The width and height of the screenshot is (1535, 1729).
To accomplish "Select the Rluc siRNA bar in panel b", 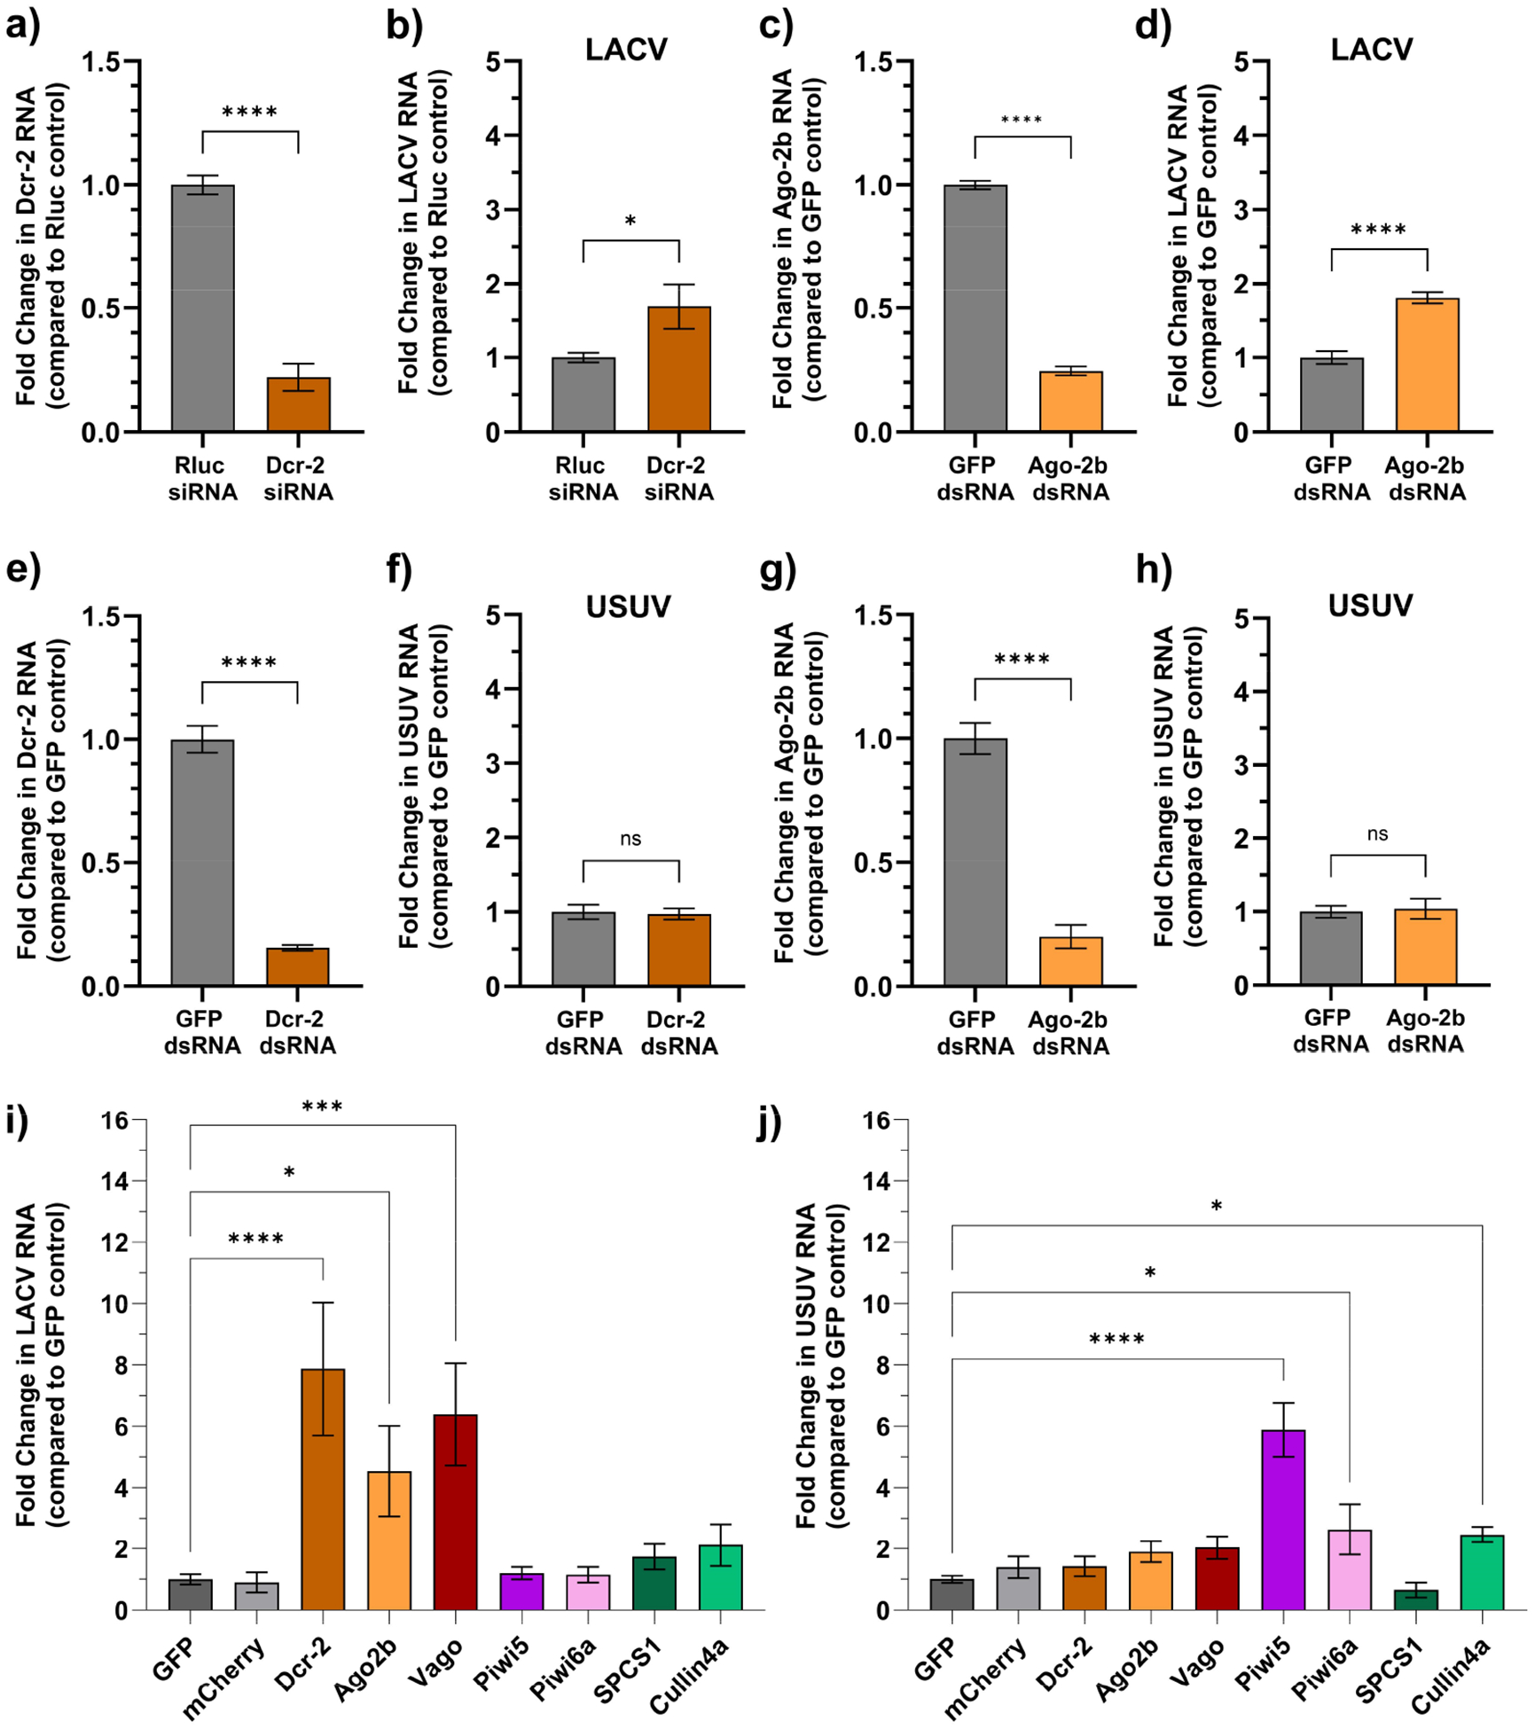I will tap(583, 395).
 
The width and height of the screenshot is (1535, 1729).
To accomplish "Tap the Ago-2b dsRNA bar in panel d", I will tap(1427, 365).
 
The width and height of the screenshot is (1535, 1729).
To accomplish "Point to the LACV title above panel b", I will tap(626, 50).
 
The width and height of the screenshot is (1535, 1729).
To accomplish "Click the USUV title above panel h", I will tap(1370, 606).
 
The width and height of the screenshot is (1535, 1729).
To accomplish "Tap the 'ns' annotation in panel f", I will tap(630, 839).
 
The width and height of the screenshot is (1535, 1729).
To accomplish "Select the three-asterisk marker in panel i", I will tap(322, 1107).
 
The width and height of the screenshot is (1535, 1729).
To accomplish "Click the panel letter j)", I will tap(769, 1123).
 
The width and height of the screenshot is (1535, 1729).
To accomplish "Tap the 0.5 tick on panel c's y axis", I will tap(874, 309).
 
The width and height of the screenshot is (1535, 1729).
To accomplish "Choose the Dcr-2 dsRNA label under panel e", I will tap(297, 1033).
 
